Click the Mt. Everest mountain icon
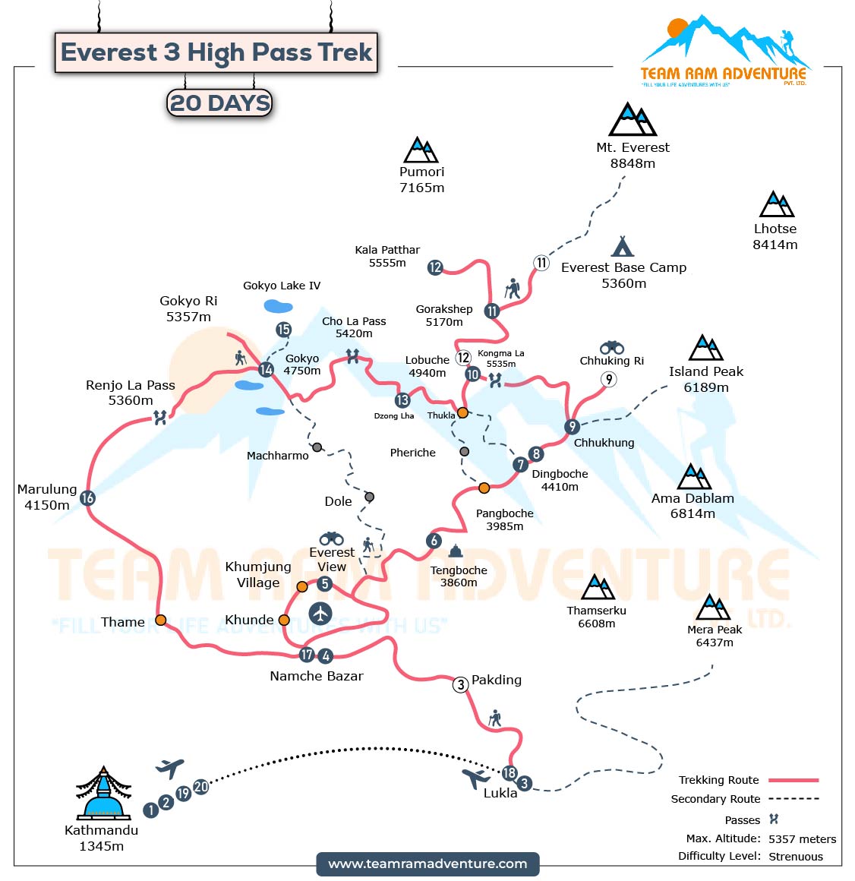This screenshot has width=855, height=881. [x=632, y=120]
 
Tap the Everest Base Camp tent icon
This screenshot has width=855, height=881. [x=623, y=246]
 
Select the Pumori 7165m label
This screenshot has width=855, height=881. [x=421, y=180]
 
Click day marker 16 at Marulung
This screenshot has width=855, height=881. [x=87, y=498]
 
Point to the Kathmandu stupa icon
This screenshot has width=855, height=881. [x=103, y=793]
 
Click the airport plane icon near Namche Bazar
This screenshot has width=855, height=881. [x=320, y=613]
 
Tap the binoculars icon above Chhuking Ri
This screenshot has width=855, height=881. [x=611, y=347]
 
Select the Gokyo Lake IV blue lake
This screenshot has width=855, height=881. [x=278, y=306]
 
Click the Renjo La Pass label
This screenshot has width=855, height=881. [x=130, y=393]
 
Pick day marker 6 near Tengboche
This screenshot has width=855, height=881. [x=434, y=541]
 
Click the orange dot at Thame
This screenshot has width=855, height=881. [x=161, y=620]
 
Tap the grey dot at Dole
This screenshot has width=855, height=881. [x=369, y=497]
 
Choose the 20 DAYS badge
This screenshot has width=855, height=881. [x=219, y=103]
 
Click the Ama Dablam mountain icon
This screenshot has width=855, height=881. [x=693, y=477]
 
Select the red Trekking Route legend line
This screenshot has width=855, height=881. [x=793, y=780]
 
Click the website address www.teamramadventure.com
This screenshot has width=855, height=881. [x=427, y=864]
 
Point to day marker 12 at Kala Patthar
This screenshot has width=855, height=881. [x=435, y=267]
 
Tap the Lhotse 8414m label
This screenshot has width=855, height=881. [x=775, y=236]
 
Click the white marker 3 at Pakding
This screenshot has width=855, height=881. [x=460, y=684]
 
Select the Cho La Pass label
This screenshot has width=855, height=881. [x=354, y=327]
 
